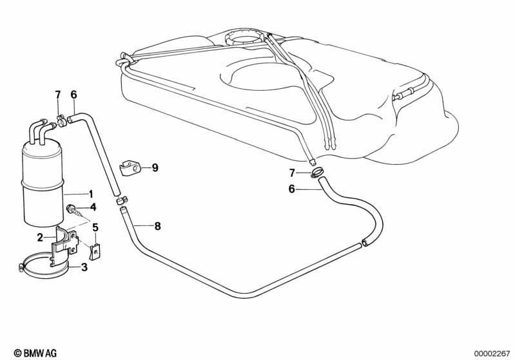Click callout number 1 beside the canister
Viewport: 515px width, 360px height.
point(91,194)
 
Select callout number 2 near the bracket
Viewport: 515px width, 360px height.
point(40,237)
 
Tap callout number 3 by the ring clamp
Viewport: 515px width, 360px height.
point(84,267)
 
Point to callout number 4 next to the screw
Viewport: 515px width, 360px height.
point(93,207)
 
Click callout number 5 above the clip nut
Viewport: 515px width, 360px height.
point(95,227)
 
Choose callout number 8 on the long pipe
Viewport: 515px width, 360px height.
point(158,226)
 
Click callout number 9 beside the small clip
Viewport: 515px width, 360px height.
point(155,167)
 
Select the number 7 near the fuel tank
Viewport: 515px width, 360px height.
point(292,172)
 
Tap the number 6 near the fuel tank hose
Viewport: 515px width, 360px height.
point(291,189)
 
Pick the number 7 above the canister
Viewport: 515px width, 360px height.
point(58,95)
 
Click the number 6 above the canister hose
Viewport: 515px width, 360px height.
point(74,95)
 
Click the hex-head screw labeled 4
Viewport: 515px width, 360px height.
point(73,210)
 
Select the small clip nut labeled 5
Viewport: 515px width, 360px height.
point(95,252)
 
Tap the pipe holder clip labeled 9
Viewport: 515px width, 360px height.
point(129,168)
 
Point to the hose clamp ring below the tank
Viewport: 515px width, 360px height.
point(317,172)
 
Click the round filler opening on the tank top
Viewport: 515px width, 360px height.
point(244,38)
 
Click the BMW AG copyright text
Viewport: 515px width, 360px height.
point(35,353)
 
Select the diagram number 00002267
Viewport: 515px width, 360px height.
point(491,354)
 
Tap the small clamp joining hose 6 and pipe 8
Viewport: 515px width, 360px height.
point(122,200)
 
